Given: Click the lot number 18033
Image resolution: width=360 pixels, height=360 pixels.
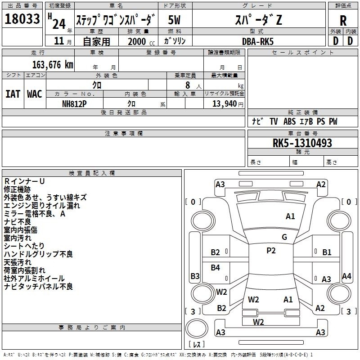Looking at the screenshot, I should [x=22, y=19].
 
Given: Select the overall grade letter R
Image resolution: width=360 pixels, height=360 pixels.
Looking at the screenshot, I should [x=343, y=20].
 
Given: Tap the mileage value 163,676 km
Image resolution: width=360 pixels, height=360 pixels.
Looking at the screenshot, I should [x=53, y=65].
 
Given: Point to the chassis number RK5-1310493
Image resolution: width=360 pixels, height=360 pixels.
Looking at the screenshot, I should [x=302, y=143].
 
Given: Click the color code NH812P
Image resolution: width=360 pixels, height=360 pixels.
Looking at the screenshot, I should [x=74, y=103].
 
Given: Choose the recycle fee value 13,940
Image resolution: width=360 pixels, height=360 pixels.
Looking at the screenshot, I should [x=224, y=103].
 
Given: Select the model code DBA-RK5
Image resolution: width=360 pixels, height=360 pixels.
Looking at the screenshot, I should [x=257, y=40].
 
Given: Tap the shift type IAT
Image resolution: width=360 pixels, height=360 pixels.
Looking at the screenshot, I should [x=13, y=94].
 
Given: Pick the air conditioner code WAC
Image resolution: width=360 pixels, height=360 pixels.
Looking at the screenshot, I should [x=35, y=94].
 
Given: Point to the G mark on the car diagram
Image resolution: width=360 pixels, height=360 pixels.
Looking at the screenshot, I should [x=284, y=237].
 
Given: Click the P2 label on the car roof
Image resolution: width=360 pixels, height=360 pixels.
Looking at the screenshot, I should [x=271, y=251].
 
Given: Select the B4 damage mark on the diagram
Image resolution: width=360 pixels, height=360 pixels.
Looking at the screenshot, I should [x=216, y=268].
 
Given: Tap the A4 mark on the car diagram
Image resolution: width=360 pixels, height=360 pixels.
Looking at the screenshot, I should [x=346, y=276].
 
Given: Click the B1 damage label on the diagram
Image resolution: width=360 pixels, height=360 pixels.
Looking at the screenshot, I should [x=327, y=252].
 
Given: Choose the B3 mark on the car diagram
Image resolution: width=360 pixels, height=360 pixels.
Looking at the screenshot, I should [x=195, y=276].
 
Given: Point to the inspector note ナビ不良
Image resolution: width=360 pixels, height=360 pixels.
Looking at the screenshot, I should [x=18, y=221].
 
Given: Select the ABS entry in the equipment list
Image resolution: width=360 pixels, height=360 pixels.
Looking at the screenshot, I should [x=289, y=121].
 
